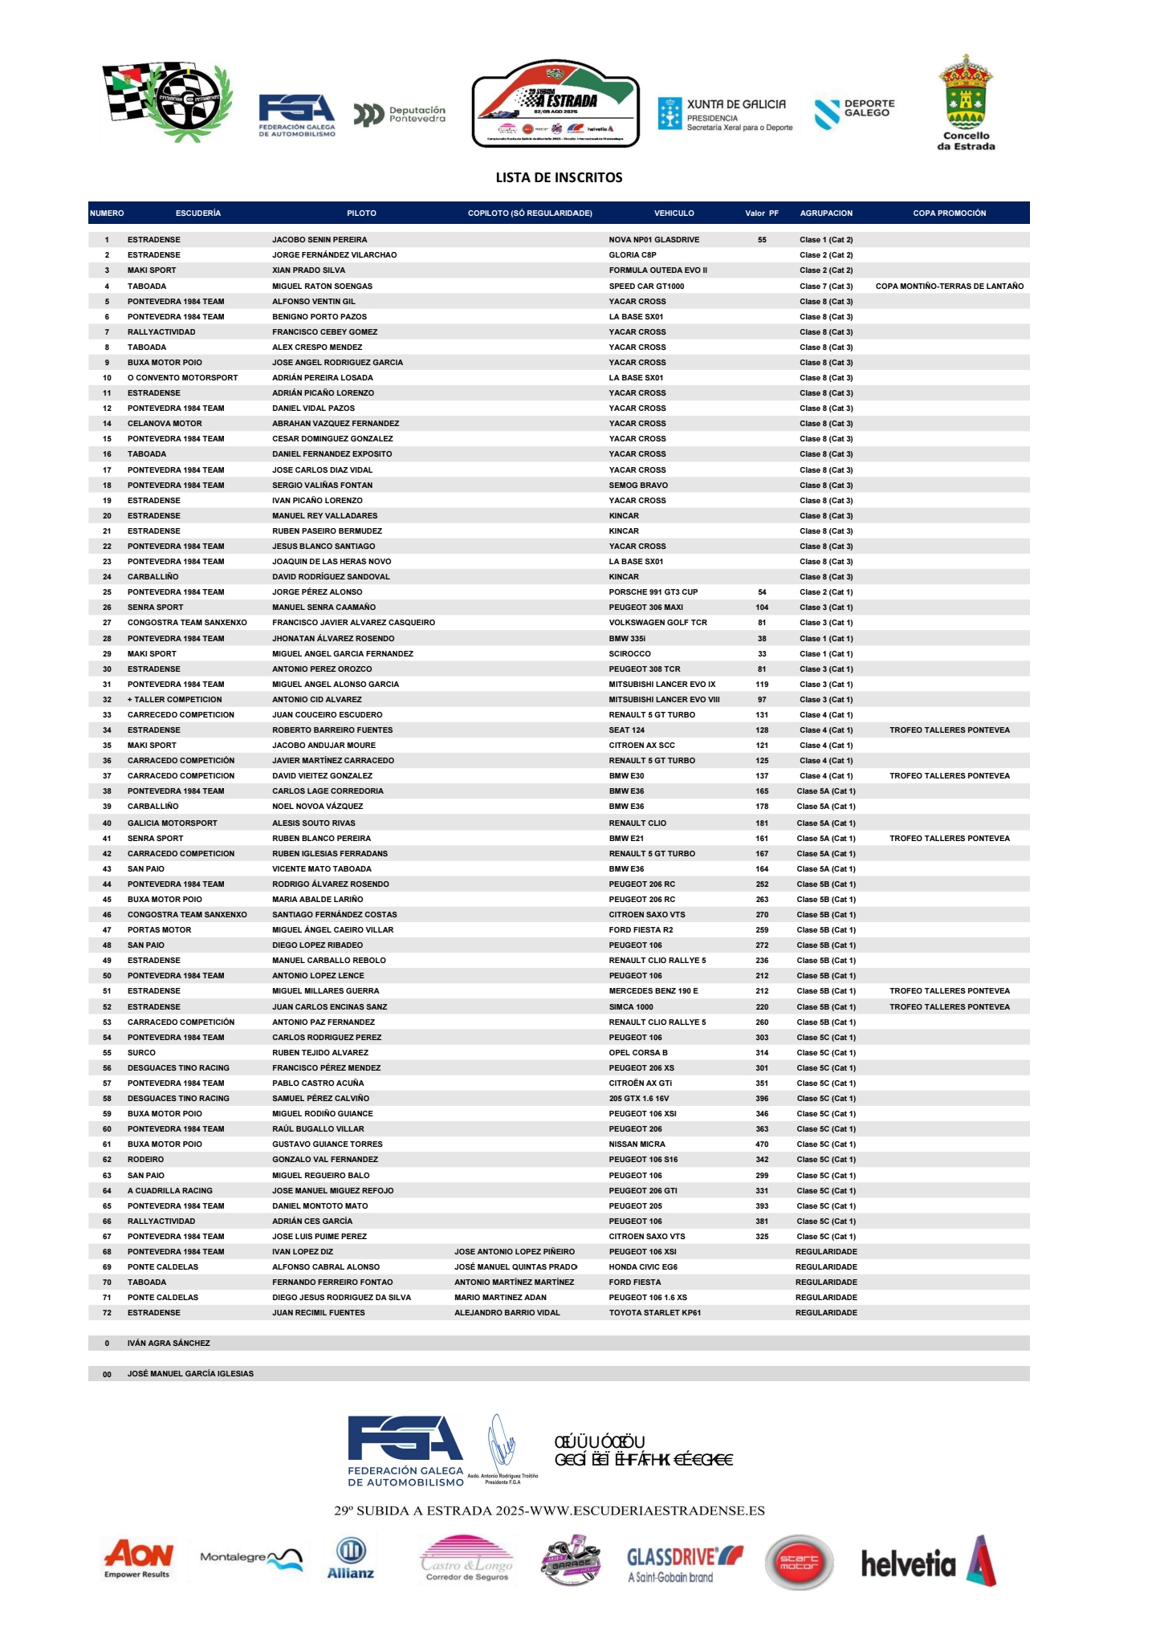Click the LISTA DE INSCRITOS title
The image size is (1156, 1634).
click(559, 177)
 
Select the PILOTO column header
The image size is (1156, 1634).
click(361, 213)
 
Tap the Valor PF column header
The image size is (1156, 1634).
click(761, 213)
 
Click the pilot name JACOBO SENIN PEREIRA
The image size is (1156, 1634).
click(320, 240)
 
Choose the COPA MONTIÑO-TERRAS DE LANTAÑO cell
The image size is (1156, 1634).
click(949, 287)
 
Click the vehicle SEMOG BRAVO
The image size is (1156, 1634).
click(638, 486)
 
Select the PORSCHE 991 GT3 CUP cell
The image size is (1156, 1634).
click(653, 592)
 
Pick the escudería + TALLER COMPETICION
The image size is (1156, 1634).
click(174, 700)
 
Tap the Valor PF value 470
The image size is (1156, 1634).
click(762, 1144)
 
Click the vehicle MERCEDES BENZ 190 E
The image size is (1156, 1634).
click(653, 991)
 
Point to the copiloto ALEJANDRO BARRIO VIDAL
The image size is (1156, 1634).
click(507, 1313)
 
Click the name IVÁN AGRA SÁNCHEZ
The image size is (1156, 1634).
click(169, 1343)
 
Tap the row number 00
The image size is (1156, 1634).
click(107, 1374)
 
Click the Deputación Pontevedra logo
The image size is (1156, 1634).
click(400, 115)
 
